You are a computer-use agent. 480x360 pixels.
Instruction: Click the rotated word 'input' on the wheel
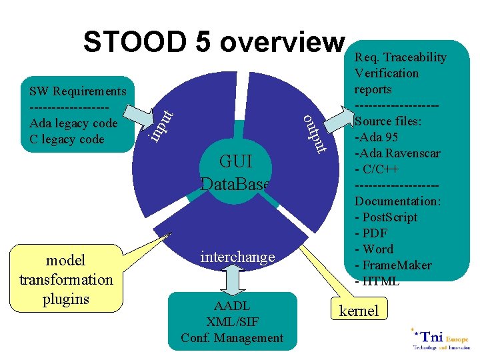(x=161, y=121)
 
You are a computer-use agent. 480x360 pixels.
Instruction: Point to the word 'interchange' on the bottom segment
(x=237, y=257)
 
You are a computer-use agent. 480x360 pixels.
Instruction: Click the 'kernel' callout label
(x=359, y=310)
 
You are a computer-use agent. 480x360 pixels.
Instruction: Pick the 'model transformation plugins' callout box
(x=66, y=279)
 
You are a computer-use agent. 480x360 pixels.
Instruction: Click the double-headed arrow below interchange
(x=233, y=279)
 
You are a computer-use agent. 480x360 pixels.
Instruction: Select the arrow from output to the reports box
(x=343, y=128)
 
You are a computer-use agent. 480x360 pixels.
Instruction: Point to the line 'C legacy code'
(x=67, y=139)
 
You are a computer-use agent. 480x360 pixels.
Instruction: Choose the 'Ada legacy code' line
(x=74, y=123)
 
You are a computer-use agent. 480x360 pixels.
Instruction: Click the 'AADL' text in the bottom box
(x=232, y=306)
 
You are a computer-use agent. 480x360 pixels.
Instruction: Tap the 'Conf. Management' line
(x=232, y=337)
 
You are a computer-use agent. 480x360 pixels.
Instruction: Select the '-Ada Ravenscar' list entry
(x=397, y=153)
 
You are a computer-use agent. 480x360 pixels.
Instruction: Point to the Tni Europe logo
(x=439, y=339)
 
